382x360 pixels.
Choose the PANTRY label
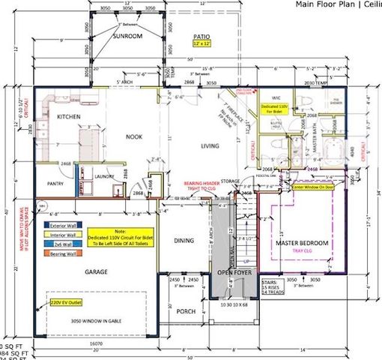[55, 182]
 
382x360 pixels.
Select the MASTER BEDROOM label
[302, 243]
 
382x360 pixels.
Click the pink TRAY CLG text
[303, 252]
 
